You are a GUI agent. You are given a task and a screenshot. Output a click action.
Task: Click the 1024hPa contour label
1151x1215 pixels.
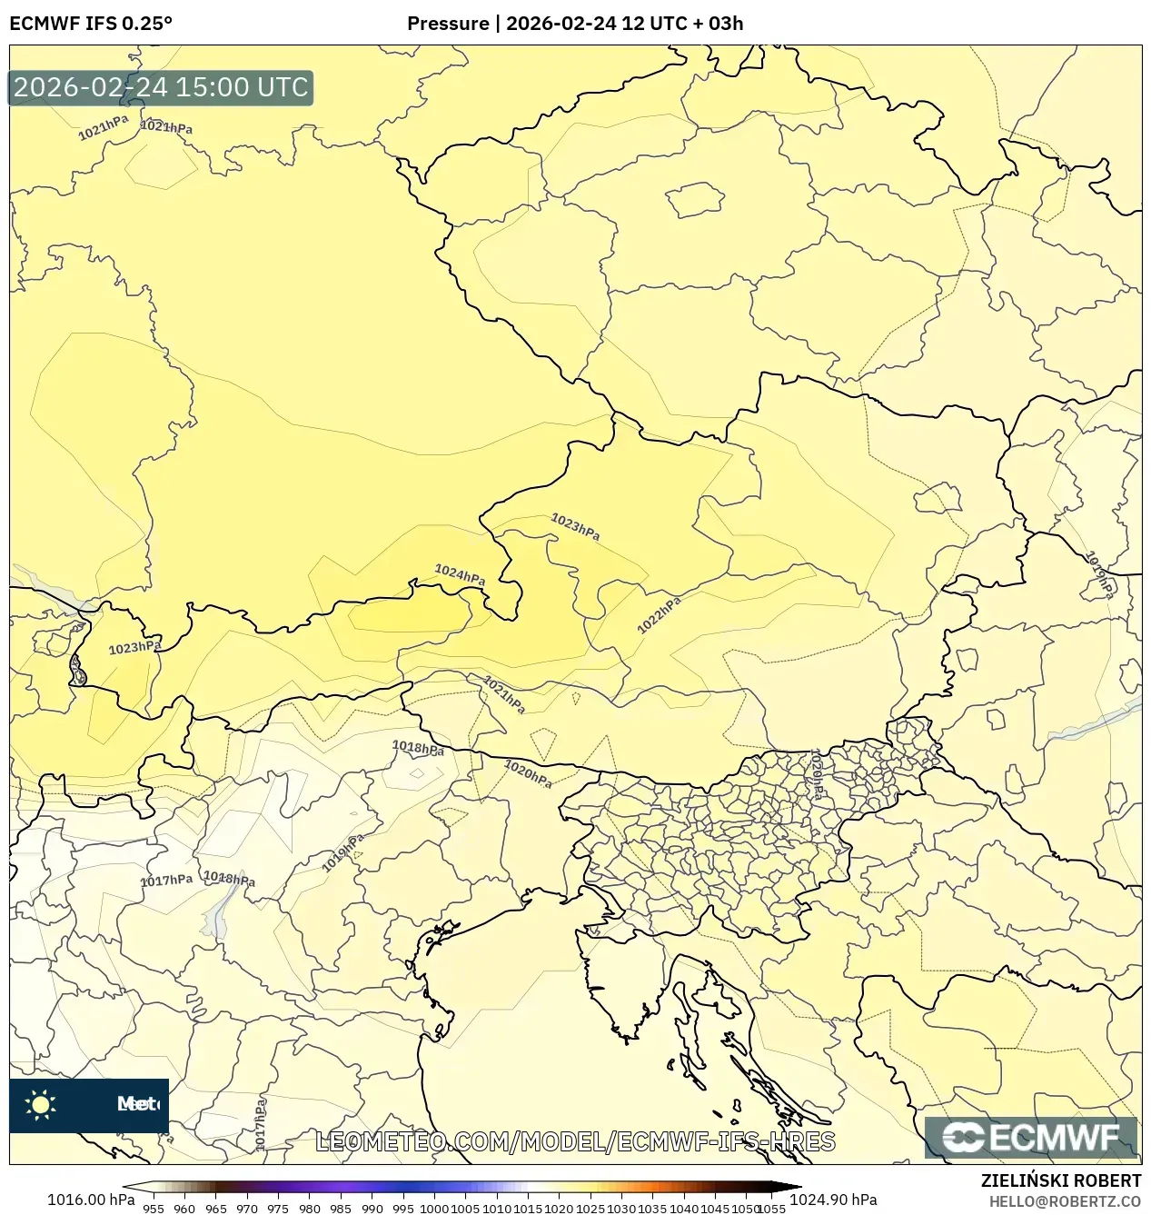[460, 575]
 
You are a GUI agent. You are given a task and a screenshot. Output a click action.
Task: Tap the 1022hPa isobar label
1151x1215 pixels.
[660, 615]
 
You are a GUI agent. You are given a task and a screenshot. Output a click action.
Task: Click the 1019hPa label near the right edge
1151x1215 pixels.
[1100, 574]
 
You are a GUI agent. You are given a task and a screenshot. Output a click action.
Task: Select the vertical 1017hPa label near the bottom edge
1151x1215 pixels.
[261, 1124]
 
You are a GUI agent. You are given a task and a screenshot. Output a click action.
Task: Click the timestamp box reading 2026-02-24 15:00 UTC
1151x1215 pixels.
[161, 87]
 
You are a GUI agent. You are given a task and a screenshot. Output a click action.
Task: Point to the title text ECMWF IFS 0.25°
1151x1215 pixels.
[91, 24]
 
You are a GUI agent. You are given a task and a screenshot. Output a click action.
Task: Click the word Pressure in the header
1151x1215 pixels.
[447, 24]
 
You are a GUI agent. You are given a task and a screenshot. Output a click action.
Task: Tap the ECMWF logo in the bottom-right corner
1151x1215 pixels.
[1031, 1137]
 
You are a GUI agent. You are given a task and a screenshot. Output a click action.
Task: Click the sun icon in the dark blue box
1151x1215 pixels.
[41, 1104]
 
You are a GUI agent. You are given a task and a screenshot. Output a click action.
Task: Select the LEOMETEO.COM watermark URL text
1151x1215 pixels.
[574, 1141]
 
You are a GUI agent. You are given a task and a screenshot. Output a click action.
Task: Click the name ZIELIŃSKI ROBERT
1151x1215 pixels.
[1060, 1180]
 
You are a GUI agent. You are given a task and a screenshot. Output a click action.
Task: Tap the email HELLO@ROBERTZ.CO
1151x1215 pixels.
[1065, 1201]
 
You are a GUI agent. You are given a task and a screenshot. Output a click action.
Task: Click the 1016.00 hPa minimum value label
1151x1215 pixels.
[90, 1200]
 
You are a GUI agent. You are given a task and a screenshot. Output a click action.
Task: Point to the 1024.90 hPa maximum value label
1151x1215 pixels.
[833, 1200]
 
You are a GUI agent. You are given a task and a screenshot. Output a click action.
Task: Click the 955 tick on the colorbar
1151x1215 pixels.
[154, 1209]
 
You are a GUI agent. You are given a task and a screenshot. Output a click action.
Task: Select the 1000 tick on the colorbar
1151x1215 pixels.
[434, 1209]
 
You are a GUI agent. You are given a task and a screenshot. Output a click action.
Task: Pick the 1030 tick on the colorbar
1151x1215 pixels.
[621, 1209]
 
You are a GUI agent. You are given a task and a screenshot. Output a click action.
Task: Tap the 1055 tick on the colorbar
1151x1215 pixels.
[772, 1209]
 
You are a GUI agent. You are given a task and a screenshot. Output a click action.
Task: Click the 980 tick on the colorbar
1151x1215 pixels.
[310, 1209]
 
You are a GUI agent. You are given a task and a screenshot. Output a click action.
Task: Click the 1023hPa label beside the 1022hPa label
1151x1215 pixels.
[575, 526]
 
